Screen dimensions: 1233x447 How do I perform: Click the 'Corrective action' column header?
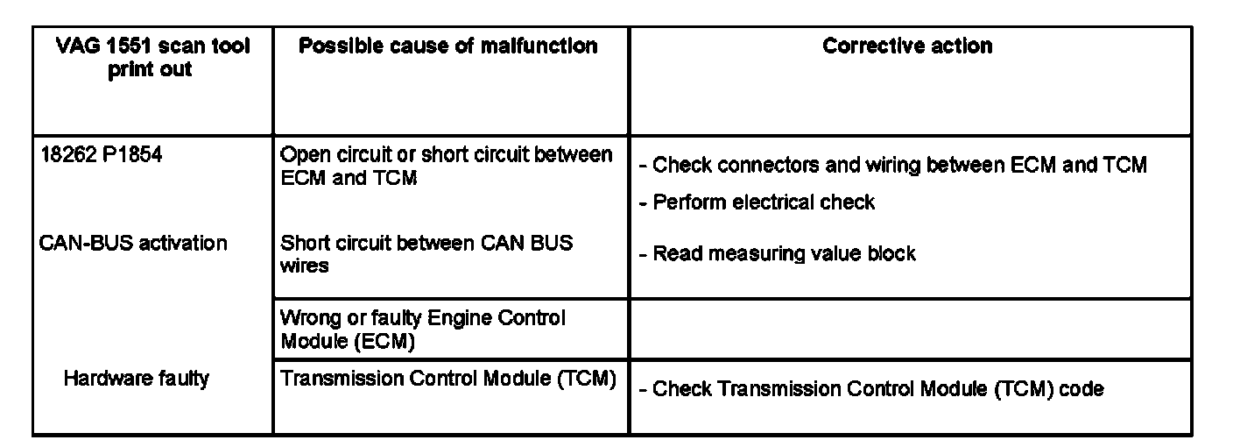pos(907,46)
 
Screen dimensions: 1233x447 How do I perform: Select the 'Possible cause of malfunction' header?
pos(448,46)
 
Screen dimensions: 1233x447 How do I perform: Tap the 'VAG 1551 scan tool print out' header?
pos(152,58)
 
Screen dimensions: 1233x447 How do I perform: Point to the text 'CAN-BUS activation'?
pos(133,243)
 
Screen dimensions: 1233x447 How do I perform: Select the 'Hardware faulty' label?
pos(136,379)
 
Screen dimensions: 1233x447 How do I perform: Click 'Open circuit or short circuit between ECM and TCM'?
pos(446,166)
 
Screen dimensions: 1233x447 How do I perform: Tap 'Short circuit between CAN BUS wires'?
pos(426,252)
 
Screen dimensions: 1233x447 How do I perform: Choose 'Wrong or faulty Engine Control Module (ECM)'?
pos(423,329)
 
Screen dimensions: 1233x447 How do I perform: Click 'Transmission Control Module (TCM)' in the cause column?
pos(447,379)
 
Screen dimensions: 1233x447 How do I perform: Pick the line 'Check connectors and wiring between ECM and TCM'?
pos(899,165)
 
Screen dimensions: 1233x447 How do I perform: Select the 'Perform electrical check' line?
pos(764,202)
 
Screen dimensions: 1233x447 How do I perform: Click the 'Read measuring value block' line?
pos(784,254)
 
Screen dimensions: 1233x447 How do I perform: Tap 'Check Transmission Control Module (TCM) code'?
pos(877,388)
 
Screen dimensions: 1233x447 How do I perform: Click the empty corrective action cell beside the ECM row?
pos(909,329)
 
